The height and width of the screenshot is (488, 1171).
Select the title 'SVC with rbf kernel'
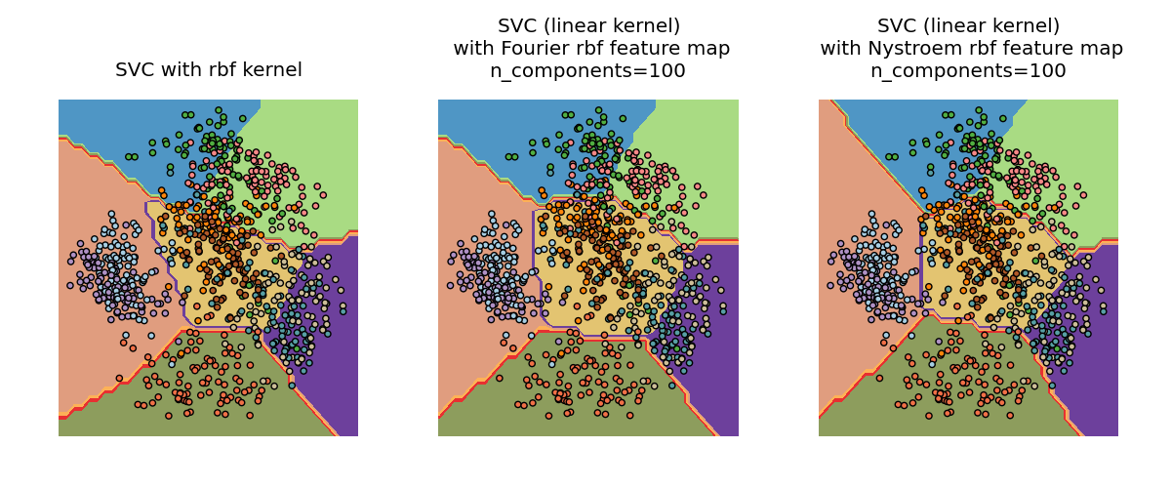[x=208, y=70]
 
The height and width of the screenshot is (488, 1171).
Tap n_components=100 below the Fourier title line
[x=588, y=70]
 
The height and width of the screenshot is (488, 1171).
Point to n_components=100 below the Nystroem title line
[x=968, y=70]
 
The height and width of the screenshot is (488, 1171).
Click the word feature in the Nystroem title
[x=1030, y=48]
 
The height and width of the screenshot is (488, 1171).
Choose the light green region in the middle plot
[x=698, y=137]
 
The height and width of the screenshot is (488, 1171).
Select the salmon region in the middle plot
[x=468, y=322]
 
